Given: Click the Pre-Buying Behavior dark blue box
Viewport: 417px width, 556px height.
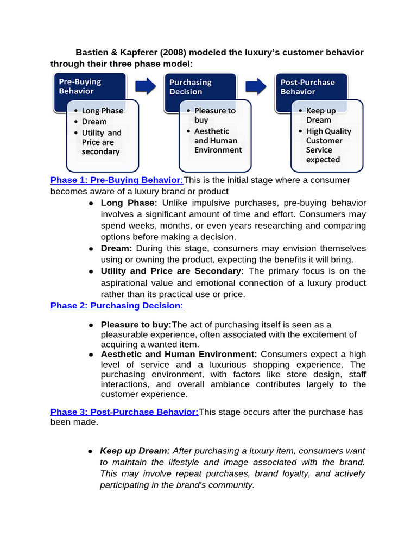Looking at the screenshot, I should click(x=87, y=87).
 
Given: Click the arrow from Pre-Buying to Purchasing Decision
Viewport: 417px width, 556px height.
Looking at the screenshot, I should click(x=145, y=86).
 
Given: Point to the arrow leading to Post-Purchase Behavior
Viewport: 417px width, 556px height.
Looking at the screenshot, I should click(x=256, y=86).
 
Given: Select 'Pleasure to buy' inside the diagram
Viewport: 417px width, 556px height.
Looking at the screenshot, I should click(x=214, y=115).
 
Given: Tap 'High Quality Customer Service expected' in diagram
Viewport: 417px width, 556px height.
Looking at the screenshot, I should click(x=328, y=146).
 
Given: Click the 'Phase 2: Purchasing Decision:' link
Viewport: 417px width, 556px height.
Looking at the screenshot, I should click(x=117, y=306).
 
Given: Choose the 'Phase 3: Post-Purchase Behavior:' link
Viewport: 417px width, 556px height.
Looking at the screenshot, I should click(x=124, y=412).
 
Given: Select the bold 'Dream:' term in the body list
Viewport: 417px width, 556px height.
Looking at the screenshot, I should click(x=117, y=248).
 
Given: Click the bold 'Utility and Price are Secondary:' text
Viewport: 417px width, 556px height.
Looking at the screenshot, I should click(x=172, y=271).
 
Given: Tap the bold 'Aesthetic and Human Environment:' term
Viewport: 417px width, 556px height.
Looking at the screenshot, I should click(x=179, y=354).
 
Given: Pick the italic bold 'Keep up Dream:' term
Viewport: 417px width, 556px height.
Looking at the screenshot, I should click(x=135, y=451).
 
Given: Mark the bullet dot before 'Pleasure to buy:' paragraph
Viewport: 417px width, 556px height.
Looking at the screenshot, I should click(x=91, y=325).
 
